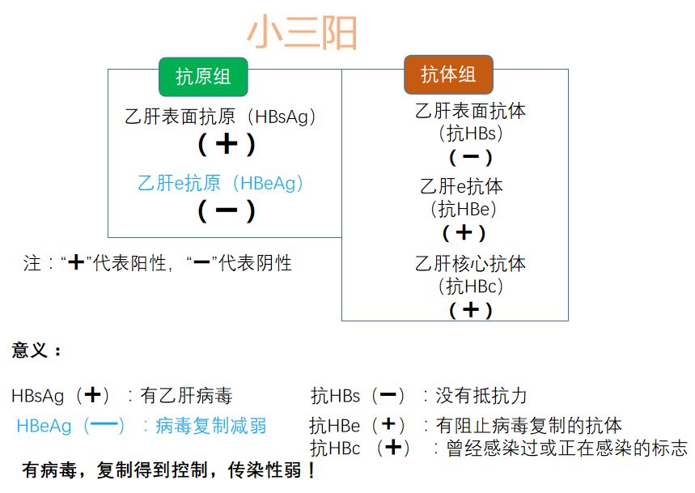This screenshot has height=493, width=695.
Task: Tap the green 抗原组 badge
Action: tap(203, 77)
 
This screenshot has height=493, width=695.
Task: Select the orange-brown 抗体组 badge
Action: tap(447, 74)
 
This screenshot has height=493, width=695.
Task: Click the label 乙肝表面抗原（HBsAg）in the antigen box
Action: tap(221, 117)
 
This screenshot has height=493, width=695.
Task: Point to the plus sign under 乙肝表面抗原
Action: tap(227, 144)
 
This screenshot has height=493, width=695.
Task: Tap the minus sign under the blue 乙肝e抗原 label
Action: tap(227, 210)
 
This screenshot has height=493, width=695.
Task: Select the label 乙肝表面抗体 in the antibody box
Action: tap(470, 111)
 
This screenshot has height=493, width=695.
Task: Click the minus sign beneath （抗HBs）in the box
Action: tap(470, 157)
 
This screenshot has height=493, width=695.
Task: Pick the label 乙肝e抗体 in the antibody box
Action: tap(461, 186)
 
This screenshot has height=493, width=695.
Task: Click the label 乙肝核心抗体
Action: tap(470, 264)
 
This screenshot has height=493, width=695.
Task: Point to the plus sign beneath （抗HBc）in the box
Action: tap(470, 309)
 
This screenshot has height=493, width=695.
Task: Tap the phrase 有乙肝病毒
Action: tap(186, 396)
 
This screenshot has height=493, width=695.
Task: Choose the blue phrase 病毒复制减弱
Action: tap(210, 426)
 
